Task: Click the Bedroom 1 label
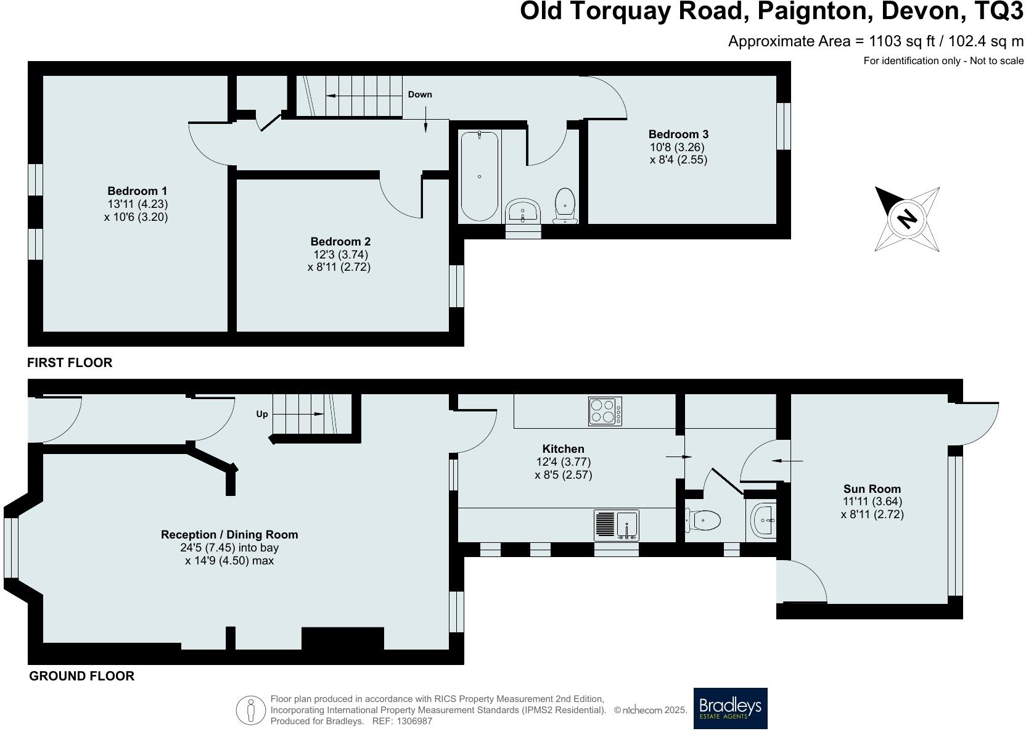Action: [x=137, y=191]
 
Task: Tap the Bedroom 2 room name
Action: [x=340, y=242]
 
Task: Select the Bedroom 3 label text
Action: [x=678, y=134]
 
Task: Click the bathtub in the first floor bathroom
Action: [x=479, y=176]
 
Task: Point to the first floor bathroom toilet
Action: [x=565, y=205]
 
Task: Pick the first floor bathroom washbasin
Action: [x=523, y=212]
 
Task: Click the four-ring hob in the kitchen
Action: [x=605, y=411]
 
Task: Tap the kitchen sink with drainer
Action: [x=616, y=525]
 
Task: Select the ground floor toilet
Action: [x=702, y=520]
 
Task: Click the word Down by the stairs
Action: [x=420, y=94]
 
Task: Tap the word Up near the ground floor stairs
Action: [x=262, y=415]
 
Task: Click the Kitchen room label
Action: [x=564, y=448]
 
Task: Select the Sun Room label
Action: [x=872, y=489]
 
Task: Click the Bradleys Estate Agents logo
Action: [x=731, y=708]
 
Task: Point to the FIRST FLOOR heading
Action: [x=70, y=363]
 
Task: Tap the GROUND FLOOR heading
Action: [x=81, y=676]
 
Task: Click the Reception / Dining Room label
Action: [x=229, y=535]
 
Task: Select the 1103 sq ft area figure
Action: [x=902, y=41]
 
